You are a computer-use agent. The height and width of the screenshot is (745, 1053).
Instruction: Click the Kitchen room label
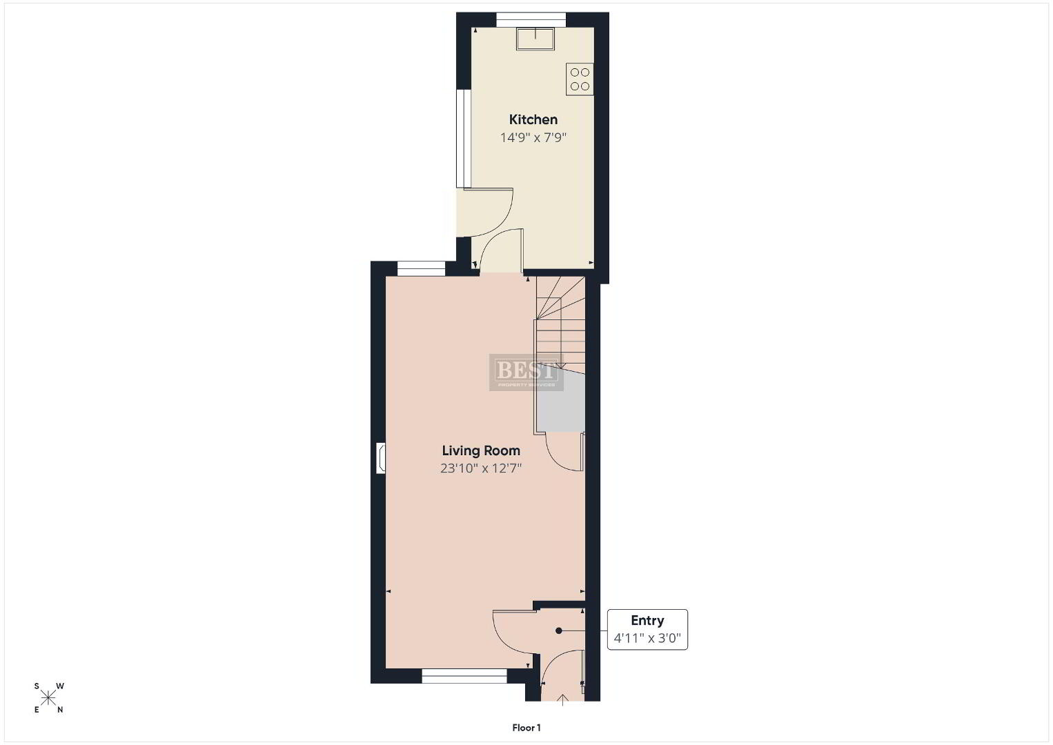(533, 119)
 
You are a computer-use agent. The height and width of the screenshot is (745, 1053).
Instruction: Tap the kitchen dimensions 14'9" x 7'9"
(533, 138)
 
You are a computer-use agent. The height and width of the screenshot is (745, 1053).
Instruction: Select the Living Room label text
(481, 450)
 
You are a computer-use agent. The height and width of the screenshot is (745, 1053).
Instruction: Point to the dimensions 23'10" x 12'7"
(481, 468)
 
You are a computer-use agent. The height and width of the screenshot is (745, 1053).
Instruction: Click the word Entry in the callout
(647, 620)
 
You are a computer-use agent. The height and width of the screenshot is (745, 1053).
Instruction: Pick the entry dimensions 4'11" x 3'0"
(647, 638)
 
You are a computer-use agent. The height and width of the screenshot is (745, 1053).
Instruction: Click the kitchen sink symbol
(535, 39)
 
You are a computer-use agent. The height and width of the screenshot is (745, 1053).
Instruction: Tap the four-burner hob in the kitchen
(580, 79)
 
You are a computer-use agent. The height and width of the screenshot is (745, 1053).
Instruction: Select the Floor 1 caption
(526, 728)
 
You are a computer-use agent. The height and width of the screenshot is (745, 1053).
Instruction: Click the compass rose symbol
(48, 698)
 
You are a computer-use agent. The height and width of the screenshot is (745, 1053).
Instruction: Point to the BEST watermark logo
(526, 372)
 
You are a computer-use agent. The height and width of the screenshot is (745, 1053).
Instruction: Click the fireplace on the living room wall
(381, 458)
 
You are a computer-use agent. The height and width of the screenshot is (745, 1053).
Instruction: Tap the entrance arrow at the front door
(562, 700)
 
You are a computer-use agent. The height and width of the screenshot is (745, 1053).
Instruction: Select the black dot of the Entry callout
(558, 630)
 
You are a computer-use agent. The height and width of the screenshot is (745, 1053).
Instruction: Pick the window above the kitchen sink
(531, 20)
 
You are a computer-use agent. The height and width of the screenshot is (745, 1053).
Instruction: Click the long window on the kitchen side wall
(464, 139)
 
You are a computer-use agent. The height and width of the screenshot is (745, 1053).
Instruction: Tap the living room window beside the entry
(464, 676)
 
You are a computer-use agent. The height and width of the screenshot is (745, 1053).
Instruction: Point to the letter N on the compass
(60, 710)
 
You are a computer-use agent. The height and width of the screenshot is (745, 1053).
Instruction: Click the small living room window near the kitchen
(421, 269)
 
